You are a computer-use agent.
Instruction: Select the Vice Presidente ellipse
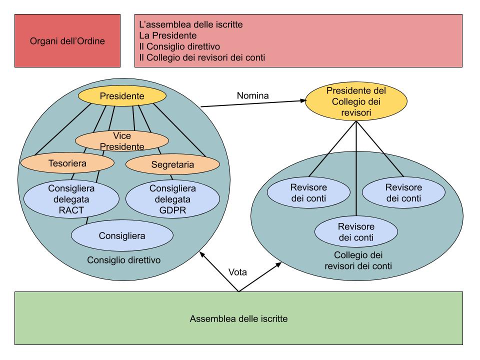point(122,140)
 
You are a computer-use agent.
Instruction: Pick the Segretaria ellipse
point(172,164)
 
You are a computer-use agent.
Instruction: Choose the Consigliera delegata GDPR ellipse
point(172,199)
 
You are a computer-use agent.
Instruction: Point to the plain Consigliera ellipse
point(122,234)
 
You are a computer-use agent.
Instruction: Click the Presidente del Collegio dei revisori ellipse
point(356,102)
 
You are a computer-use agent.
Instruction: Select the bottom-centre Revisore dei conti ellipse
point(356,231)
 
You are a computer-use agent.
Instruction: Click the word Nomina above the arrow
point(252,95)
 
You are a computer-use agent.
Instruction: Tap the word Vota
point(238,272)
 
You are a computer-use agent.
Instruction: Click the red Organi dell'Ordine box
point(67,41)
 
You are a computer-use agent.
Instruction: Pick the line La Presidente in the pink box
point(167,35)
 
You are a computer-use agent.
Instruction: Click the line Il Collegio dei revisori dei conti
point(202,58)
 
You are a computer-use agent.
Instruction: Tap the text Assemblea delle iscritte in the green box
point(238,318)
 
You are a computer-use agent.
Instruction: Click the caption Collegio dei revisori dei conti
point(358,261)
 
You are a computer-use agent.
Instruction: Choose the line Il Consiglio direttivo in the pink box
point(180,47)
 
